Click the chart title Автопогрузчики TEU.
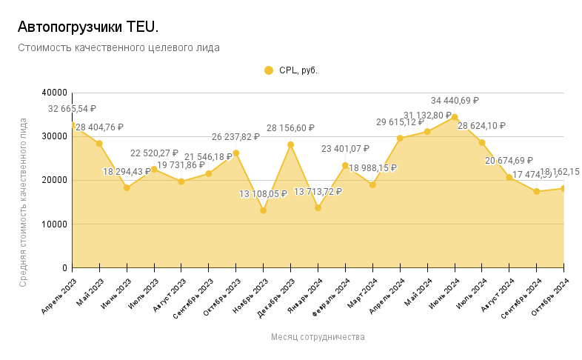87,27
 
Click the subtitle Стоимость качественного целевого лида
118,47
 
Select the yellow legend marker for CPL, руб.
269,70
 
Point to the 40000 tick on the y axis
54,93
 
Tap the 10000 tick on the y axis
54,224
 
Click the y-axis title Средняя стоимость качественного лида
23,201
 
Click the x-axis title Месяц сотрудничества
318,336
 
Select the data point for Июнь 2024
455,117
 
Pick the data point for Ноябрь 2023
263,210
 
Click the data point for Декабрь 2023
290,144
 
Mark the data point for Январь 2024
318,207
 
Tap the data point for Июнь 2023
127,187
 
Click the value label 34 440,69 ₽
455,101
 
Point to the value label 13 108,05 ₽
263,194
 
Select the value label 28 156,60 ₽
290,128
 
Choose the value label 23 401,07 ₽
345,149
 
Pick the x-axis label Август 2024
498,296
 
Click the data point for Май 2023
99,143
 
